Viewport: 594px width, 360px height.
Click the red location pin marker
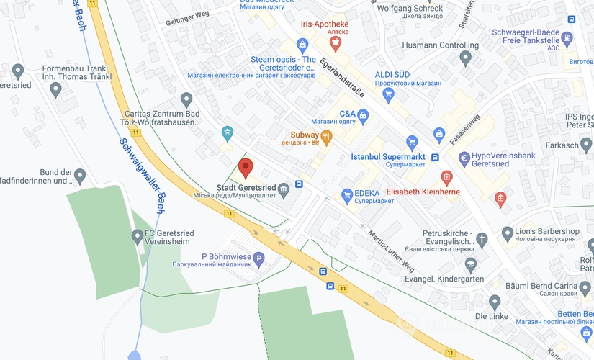(x=246, y=168)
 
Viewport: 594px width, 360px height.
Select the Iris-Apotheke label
(x=324, y=23)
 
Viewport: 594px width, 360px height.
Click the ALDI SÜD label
(x=392, y=74)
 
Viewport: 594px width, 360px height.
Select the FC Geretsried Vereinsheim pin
(x=138, y=235)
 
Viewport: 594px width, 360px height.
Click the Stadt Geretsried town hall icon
(x=284, y=189)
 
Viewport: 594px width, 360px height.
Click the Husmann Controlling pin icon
(x=464, y=57)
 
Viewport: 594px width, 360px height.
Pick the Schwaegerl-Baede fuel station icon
(x=568, y=37)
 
